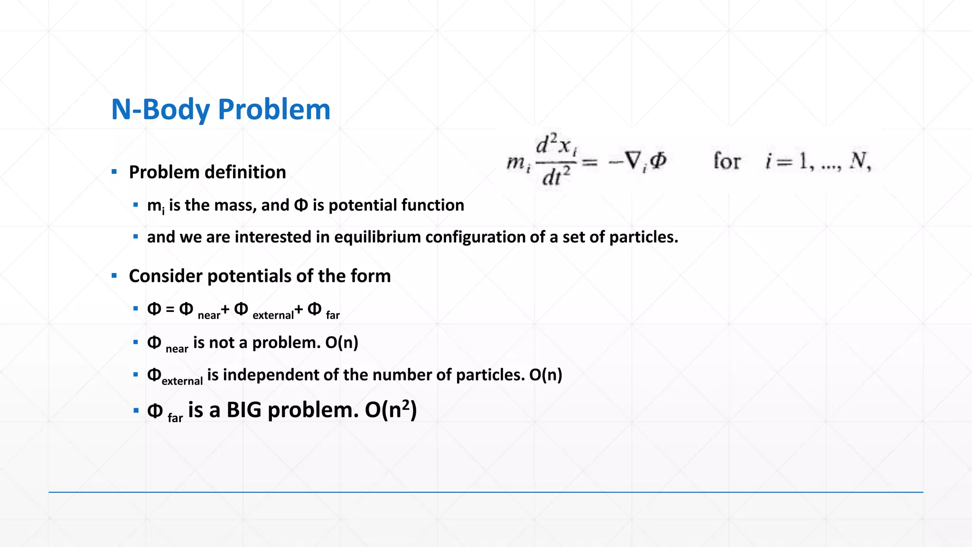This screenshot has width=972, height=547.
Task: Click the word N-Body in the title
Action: click(x=160, y=110)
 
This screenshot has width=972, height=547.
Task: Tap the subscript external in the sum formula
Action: click(x=273, y=315)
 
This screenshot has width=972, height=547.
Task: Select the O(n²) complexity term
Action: click(x=391, y=410)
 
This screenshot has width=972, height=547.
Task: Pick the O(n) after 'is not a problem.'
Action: click(x=342, y=342)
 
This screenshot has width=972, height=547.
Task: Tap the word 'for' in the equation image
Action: click(x=726, y=161)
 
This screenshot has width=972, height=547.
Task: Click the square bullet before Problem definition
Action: click(x=114, y=172)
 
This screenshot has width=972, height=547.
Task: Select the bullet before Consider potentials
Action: click(x=114, y=276)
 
